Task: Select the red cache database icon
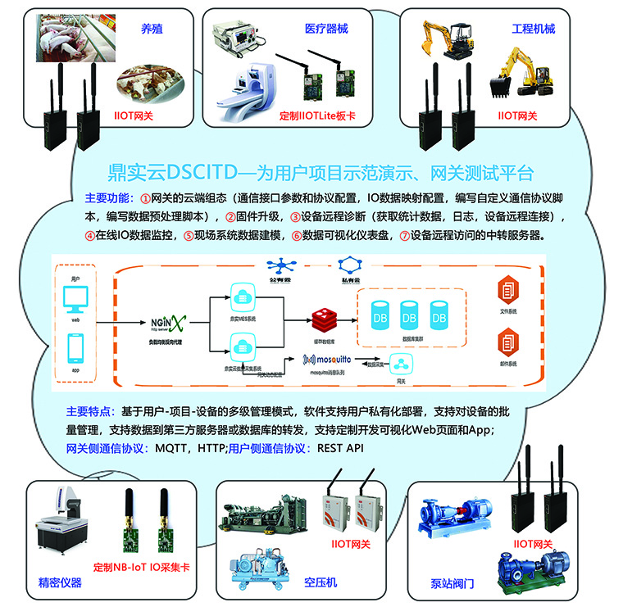point(321,317)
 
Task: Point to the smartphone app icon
point(75,351)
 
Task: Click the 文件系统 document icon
point(506,291)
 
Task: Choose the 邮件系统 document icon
point(506,339)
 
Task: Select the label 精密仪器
point(60,583)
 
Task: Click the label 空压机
point(321,582)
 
